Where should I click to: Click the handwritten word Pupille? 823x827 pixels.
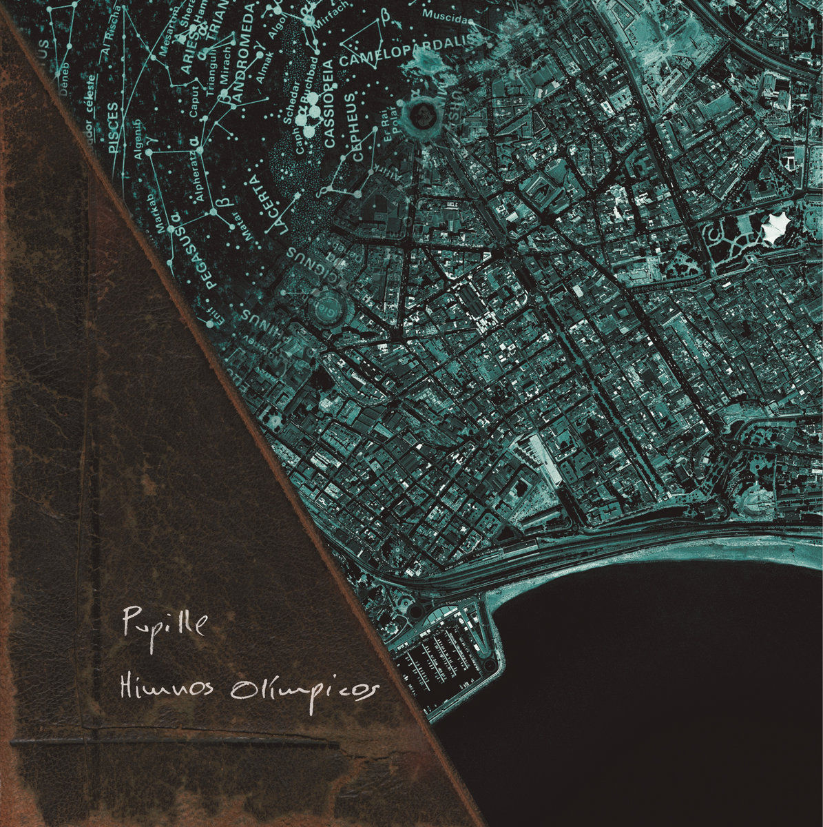click(x=164, y=622)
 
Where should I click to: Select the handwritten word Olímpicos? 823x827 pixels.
click(x=305, y=690)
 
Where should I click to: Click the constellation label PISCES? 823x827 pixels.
click(x=114, y=128)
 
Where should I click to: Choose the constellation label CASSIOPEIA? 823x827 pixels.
click(x=328, y=103)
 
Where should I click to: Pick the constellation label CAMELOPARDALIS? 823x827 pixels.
click(x=408, y=50)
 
